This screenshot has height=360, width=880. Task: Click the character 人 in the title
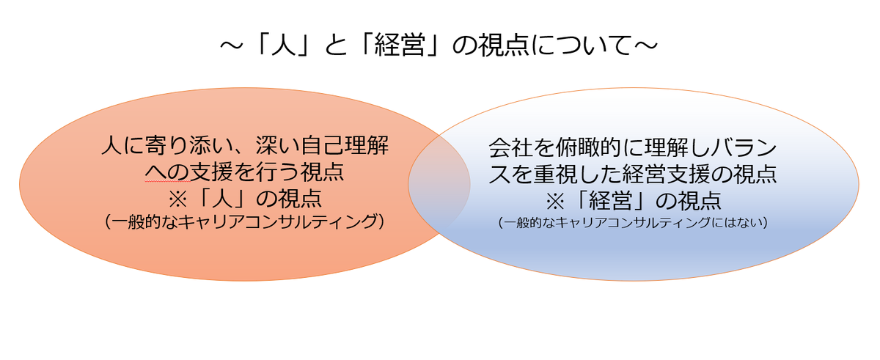coord(283,45)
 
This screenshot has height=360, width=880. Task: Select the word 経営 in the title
coord(400,45)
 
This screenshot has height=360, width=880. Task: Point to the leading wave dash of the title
coord(232,46)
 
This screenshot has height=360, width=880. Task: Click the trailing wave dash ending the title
coord(646,46)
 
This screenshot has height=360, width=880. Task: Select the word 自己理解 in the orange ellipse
coord(345,145)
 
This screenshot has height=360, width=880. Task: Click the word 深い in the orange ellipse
coord(278,145)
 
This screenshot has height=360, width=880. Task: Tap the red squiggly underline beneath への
coord(168,181)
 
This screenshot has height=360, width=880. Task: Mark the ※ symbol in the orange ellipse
coord(178,199)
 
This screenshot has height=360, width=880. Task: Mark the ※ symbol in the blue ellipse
coord(555,202)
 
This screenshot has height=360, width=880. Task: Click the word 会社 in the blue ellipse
coord(510,148)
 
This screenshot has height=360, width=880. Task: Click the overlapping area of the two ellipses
coord(439,184)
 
